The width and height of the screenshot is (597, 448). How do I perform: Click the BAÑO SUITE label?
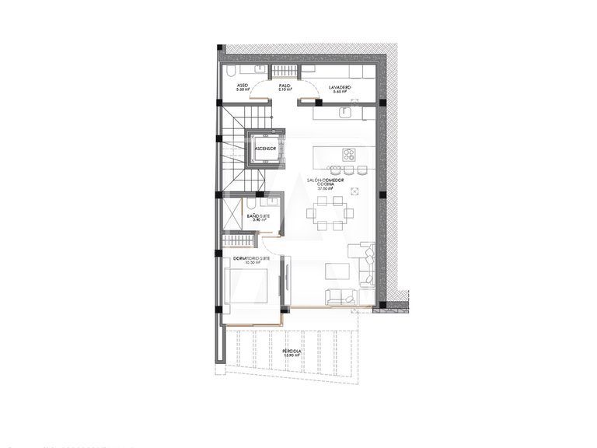(x=257, y=218)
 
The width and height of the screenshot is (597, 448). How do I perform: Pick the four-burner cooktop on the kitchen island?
(x=349, y=153)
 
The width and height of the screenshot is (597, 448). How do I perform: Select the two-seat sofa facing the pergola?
(x=341, y=296)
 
